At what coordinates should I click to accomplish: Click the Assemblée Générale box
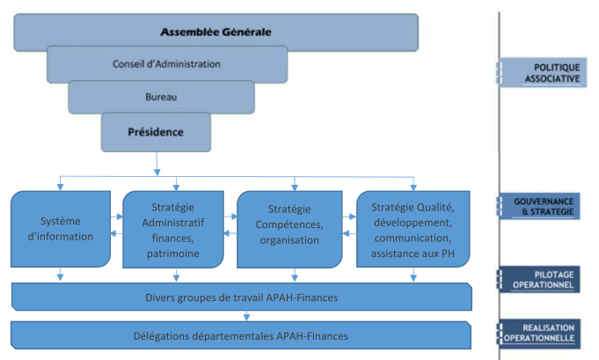click(215, 32)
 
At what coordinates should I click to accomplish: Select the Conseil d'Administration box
click(166, 64)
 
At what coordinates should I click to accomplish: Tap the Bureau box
click(161, 97)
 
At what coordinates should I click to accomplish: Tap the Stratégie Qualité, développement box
click(412, 227)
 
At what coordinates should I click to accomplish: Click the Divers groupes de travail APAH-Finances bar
click(239, 298)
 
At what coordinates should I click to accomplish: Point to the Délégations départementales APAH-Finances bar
click(239, 335)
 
